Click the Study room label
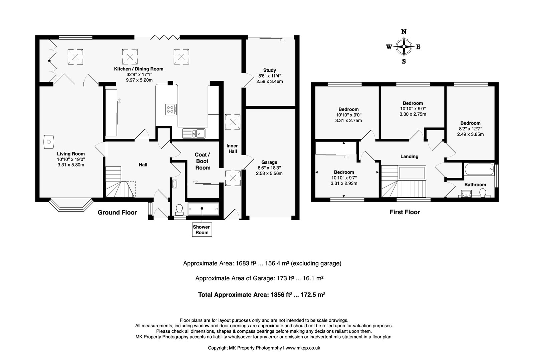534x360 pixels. tap(270, 70)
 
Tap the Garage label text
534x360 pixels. tap(269, 162)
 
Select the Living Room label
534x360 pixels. tap(71, 154)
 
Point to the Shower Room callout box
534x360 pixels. tap(202, 230)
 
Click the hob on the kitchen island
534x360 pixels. tap(171, 109)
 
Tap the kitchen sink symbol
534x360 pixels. tap(194, 133)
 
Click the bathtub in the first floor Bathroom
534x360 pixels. tap(479, 169)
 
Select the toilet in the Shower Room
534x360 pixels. tap(179, 210)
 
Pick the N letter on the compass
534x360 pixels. tap(404, 31)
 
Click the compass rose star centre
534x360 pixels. tap(404, 47)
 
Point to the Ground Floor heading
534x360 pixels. tap(117, 213)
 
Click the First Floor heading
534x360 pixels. tap(405, 212)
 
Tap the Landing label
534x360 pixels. tap(409, 156)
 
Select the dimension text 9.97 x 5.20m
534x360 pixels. tap(139, 80)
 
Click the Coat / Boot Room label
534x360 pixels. tap(203, 161)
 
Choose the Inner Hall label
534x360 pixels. tap(232, 148)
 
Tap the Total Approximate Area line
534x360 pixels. tap(262, 295)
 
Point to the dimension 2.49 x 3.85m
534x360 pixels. tap(470, 134)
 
